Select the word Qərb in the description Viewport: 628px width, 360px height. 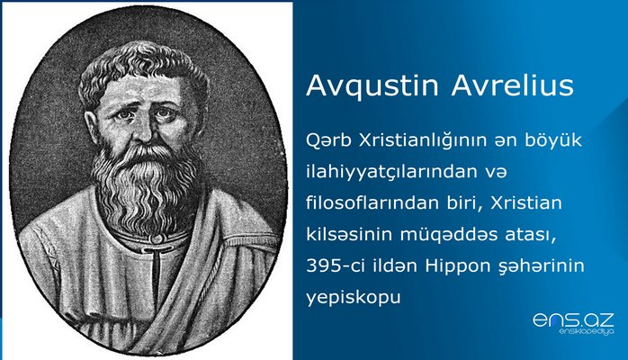coord(326,141)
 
